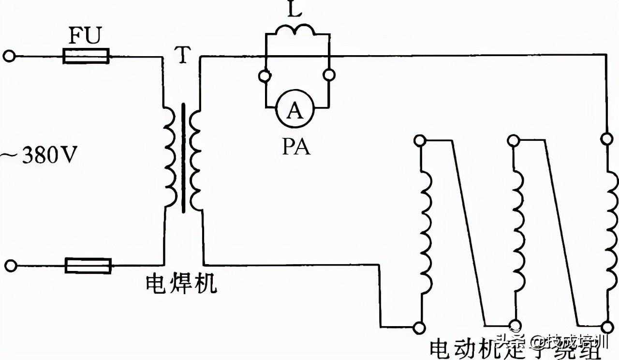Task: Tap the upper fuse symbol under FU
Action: click(x=86, y=56)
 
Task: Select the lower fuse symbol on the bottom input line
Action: click(x=88, y=266)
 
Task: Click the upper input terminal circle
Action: click(x=9, y=56)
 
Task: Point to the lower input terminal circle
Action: click(x=10, y=266)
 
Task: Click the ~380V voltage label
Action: click(x=38, y=156)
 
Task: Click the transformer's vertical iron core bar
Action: click(x=183, y=158)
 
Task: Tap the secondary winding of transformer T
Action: click(x=195, y=158)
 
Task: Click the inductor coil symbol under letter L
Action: click(x=295, y=30)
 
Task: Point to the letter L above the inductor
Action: click(x=295, y=11)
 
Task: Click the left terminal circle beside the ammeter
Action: click(x=265, y=75)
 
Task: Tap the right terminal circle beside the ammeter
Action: click(x=329, y=75)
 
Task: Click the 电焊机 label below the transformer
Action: click(x=181, y=285)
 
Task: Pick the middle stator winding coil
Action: click(x=518, y=231)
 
